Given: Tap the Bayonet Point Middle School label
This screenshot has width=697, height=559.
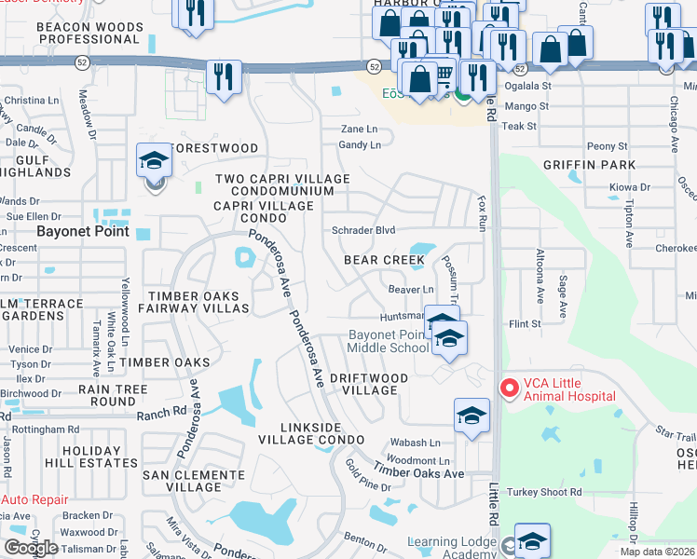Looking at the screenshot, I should click(x=388, y=341).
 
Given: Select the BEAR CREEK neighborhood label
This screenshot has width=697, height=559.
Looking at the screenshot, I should click(x=384, y=260).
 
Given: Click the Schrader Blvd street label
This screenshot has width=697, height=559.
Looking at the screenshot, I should click(x=364, y=230).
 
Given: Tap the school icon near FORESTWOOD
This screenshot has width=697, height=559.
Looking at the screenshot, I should click(x=155, y=162).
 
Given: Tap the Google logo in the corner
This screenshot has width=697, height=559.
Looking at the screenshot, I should click(x=31, y=548).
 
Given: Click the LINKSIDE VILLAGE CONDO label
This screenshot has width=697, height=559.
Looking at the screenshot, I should click(x=309, y=432).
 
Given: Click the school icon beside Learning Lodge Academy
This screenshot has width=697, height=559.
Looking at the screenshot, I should click(x=532, y=541).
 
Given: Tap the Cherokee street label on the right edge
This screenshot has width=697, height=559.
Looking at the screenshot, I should click(x=676, y=249).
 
